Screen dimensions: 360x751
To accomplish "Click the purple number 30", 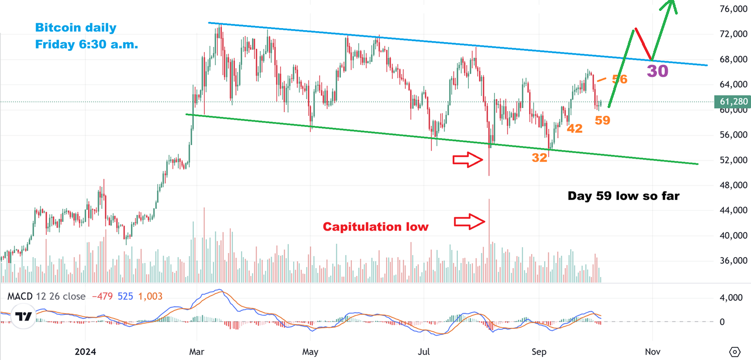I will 657,71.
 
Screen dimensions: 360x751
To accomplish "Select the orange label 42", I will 574,128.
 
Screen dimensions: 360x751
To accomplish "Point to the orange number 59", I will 603,121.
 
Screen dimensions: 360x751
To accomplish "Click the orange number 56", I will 620,79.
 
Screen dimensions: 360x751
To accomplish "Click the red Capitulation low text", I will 376,226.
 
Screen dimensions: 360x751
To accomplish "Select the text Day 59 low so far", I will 623,196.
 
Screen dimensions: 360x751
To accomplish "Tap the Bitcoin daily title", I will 76,28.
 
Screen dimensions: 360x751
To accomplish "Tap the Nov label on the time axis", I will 653,352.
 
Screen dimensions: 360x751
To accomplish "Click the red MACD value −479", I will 102,297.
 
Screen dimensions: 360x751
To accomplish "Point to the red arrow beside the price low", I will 468,160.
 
